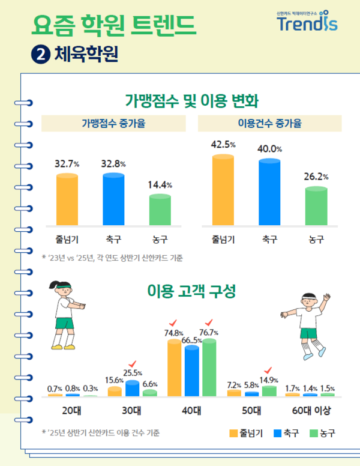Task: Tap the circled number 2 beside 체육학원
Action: [x=40, y=55]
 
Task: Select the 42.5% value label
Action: [x=223, y=145]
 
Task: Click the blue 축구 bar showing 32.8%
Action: [x=113, y=200]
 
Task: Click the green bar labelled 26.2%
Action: [x=316, y=207]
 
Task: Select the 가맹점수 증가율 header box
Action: [x=113, y=124]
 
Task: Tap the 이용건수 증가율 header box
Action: [x=269, y=124]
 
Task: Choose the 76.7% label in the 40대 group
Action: [x=209, y=333]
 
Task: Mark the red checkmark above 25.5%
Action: [x=132, y=363]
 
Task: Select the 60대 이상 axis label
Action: [x=309, y=411]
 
